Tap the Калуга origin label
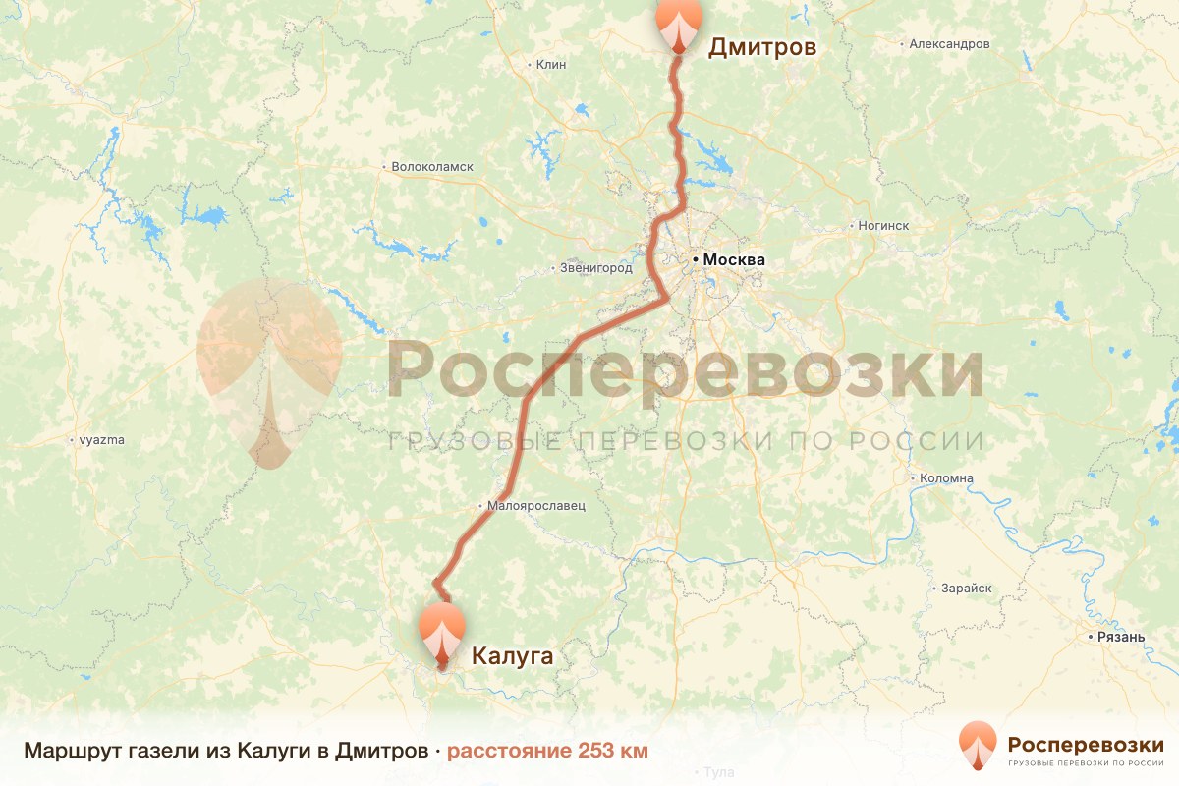coord(513,655)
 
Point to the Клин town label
coord(552,65)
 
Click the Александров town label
coord(949,44)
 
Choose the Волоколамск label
coord(432,167)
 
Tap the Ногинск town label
coord(883,226)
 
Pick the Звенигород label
coord(595,267)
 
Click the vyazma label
coord(102,440)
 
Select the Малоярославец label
coord(536,506)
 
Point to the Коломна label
coord(946,478)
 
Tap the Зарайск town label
coord(966,588)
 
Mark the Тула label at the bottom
coord(720,773)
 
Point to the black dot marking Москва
coord(696,259)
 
